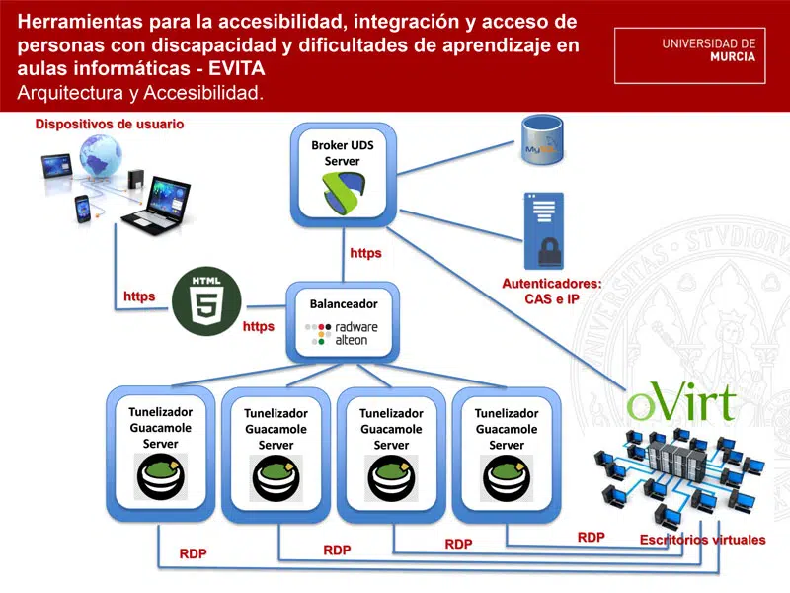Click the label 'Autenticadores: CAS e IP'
pos(551,291)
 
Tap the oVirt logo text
pos(681,401)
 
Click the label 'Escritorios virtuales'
pos(689,540)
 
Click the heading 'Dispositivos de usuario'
pos(110,124)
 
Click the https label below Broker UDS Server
pos(365,253)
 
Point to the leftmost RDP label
pos(193,553)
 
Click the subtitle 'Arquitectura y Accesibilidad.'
pos(140,93)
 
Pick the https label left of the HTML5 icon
pos(139,296)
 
